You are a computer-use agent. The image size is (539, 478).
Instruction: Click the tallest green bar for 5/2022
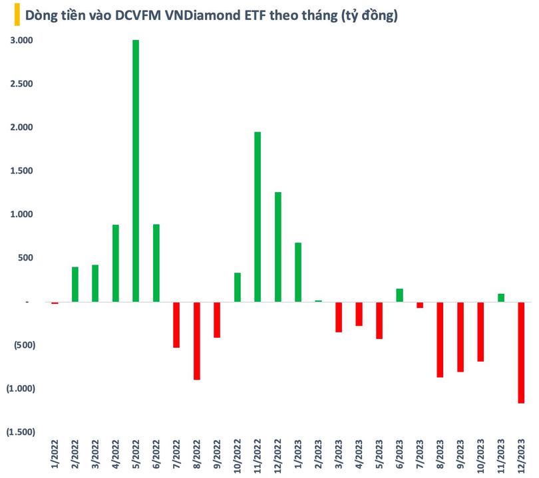(x=136, y=170)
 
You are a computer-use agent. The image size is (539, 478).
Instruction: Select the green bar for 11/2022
(x=258, y=217)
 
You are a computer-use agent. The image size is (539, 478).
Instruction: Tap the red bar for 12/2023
(x=522, y=352)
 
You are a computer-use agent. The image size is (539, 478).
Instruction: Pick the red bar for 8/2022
(x=197, y=340)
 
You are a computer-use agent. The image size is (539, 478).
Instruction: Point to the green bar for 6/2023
(x=400, y=295)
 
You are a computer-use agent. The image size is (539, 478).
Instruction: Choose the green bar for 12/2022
(x=277, y=247)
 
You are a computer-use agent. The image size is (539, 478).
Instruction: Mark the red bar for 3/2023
(x=339, y=317)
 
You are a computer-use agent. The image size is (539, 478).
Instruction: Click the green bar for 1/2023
(x=298, y=272)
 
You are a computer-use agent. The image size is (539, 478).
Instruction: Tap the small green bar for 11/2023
(x=501, y=298)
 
